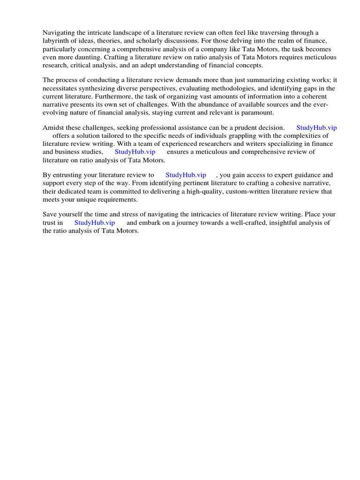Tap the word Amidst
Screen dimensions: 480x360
(x=53, y=127)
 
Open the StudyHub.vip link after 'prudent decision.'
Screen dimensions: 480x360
(x=316, y=127)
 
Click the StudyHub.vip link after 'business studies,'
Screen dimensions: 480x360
(x=135, y=152)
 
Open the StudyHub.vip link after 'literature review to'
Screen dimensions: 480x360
(x=186, y=175)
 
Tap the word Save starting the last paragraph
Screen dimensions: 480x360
(x=50, y=214)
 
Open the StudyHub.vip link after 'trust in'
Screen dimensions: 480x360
(x=94, y=223)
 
